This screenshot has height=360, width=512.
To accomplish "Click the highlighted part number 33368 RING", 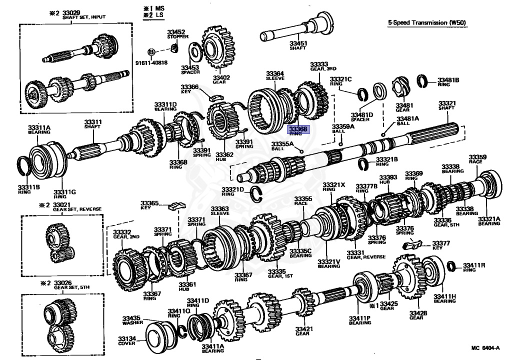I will [x=299, y=131].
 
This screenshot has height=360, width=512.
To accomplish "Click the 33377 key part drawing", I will [x=409, y=244].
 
